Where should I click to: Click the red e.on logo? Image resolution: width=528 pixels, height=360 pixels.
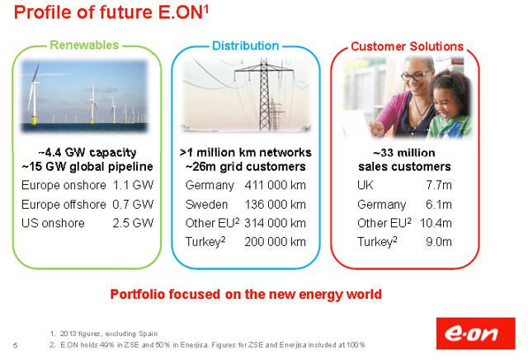[x=475, y=334]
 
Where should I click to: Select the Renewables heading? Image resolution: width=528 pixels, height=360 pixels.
[x=84, y=45]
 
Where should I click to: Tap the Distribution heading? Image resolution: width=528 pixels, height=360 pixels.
[x=246, y=46]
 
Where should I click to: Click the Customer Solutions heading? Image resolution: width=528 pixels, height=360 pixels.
[x=407, y=46]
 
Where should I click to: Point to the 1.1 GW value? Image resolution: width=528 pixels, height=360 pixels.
[x=133, y=185]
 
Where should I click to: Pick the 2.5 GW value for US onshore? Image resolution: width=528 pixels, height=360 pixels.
[x=133, y=223]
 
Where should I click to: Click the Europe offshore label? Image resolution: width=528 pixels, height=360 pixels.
[x=64, y=204]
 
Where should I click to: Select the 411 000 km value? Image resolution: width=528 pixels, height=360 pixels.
[x=275, y=185]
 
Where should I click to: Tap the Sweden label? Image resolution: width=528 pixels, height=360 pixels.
[x=206, y=204]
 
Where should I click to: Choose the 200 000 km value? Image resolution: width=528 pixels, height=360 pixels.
[x=275, y=242]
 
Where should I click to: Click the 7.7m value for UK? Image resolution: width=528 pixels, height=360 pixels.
[x=439, y=185]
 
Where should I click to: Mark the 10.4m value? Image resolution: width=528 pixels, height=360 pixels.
[x=436, y=223]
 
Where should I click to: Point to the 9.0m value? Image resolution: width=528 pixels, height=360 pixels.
[x=439, y=242]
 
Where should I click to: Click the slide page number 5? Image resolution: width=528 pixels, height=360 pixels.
[x=15, y=345]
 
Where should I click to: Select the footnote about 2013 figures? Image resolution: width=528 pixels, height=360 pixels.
[x=104, y=334]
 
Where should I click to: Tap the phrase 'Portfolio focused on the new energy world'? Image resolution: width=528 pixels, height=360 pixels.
[x=246, y=294]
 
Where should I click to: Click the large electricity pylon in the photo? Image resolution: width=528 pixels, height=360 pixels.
[x=264, y=95]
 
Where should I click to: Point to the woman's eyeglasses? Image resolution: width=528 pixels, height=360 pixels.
[x=416, y=75]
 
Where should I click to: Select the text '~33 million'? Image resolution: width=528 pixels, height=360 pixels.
[x=404, y=153]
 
